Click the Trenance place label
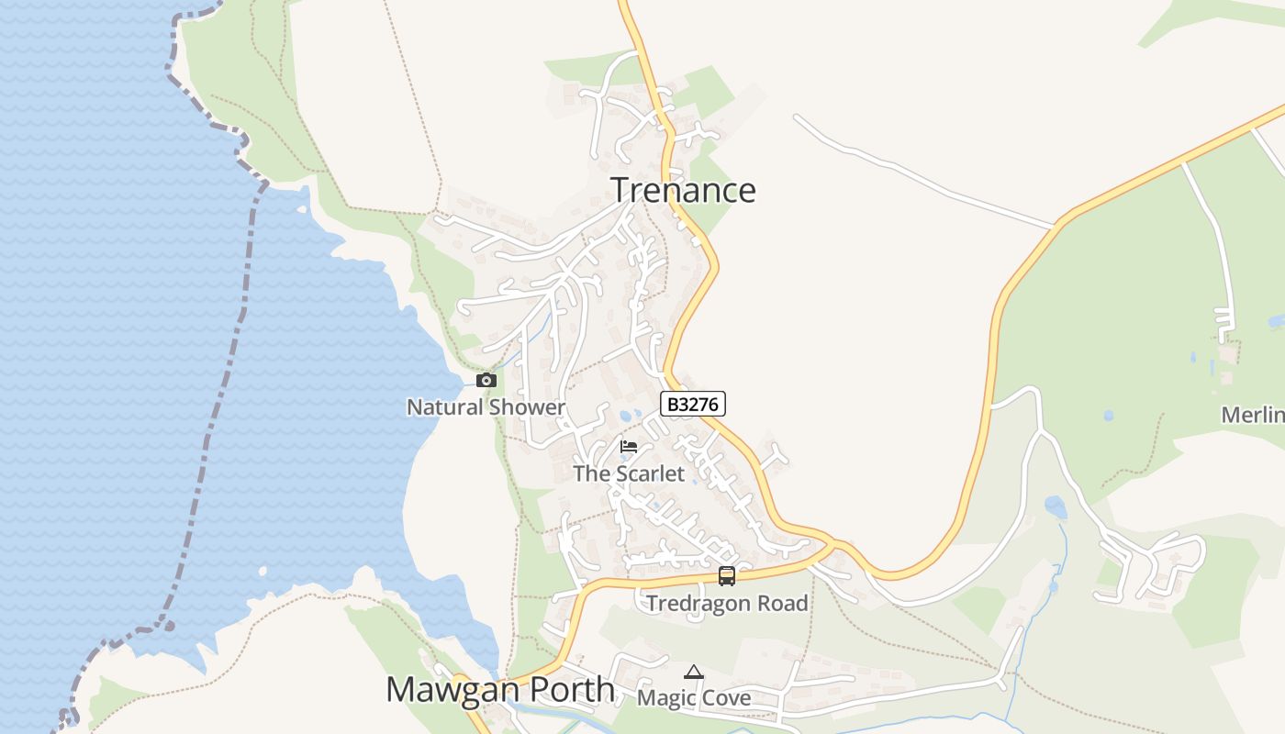684,190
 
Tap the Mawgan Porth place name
500,690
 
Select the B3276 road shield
693,404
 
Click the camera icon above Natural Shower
486,380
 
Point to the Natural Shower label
486,407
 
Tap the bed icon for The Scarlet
629,447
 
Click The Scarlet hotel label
629,473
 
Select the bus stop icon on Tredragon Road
727,576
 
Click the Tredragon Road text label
727,604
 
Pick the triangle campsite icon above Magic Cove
694,673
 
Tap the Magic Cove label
694,698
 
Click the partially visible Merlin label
1253,415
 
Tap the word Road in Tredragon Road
783,604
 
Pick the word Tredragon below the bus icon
699,604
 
